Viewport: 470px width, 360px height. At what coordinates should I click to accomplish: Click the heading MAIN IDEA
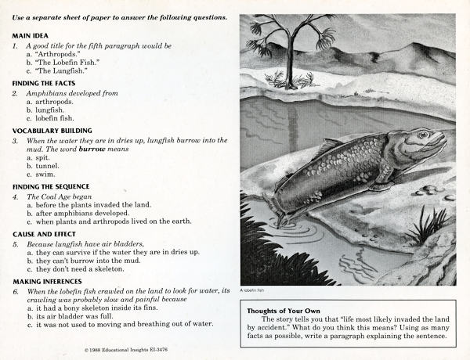[31, 36]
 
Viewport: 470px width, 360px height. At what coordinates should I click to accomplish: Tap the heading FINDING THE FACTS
[51, 82]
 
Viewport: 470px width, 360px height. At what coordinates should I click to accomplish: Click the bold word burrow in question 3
[90, 149]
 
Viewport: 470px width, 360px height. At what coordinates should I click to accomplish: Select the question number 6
[16, 290]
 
